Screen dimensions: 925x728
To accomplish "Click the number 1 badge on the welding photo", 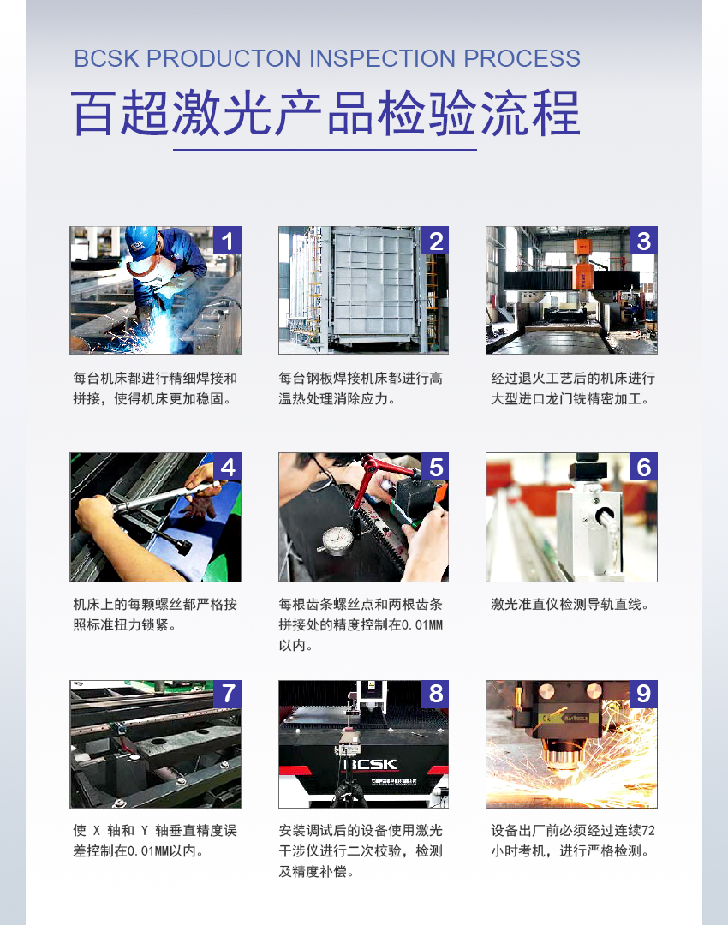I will click(227, 241).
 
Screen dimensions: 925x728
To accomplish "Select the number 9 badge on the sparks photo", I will click(643, 694).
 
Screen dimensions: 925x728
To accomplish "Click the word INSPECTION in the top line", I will click(383, 59).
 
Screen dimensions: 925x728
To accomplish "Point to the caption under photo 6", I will click(570, 605).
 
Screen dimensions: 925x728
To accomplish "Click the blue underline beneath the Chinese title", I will click(325, 150).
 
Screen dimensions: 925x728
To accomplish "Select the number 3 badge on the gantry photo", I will click(643, 241).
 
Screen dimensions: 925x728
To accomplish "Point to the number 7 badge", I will click(227, 694).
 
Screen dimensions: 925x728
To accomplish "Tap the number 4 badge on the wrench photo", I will click(227, 467).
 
